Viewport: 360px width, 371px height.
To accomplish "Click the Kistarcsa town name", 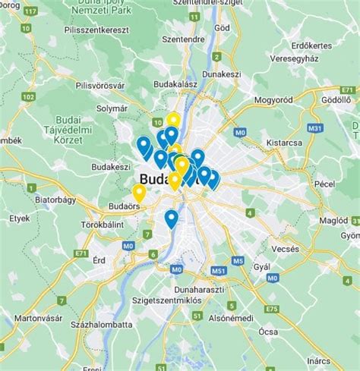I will [x=284, y=142].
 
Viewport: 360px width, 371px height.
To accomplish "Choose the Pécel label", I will [x=326, y=185].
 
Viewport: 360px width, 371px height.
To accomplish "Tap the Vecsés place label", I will [x=286, y=248].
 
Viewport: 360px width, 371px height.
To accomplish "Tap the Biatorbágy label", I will [x=55, y=202].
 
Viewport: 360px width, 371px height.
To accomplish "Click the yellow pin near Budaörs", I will [x=139, y=192].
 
